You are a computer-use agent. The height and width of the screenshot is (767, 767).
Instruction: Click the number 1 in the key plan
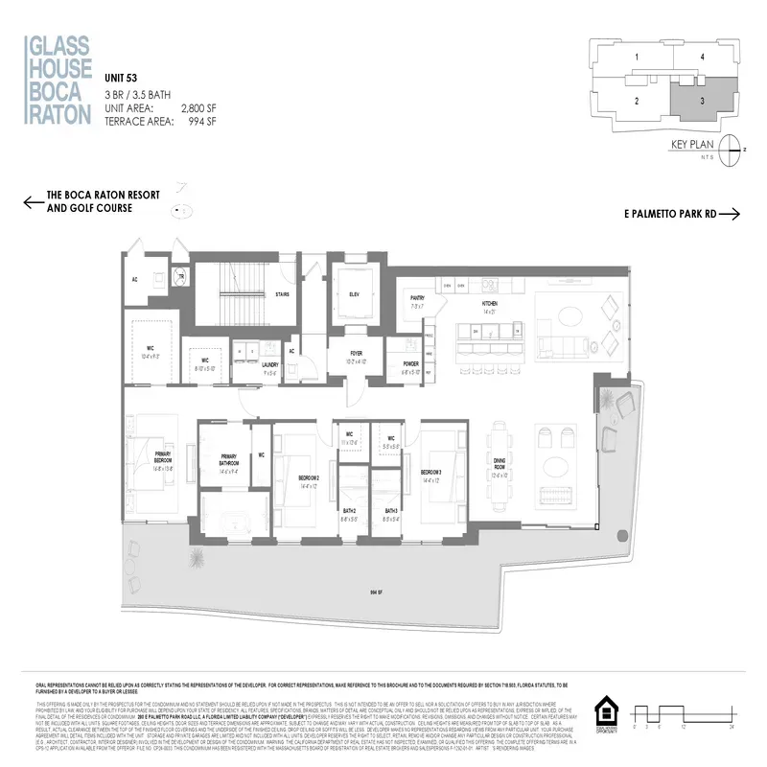[x=637, y=58]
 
